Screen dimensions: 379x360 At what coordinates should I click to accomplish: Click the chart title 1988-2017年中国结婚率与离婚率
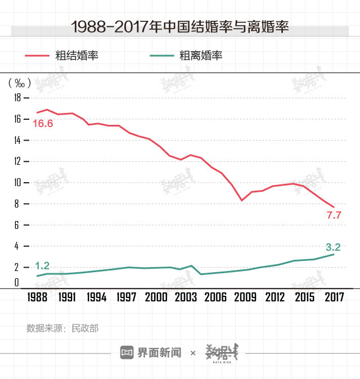coord(180,26)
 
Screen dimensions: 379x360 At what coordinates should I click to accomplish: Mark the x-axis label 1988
coord(38,297)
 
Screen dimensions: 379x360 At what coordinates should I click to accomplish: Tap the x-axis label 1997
coord(127,297)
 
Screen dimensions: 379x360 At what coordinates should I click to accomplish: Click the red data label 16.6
coord(43,123)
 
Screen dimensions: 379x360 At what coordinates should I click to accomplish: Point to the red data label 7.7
coord(334,215)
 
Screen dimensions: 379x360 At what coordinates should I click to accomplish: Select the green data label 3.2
coord(334,247)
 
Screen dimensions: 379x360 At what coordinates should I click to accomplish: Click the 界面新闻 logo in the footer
coord(151,353)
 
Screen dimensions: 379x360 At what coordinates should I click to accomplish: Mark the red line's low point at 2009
coord(242,200)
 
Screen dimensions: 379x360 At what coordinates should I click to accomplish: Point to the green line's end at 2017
coord(334,254)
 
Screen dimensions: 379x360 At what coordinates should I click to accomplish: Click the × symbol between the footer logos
coord(193,353)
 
